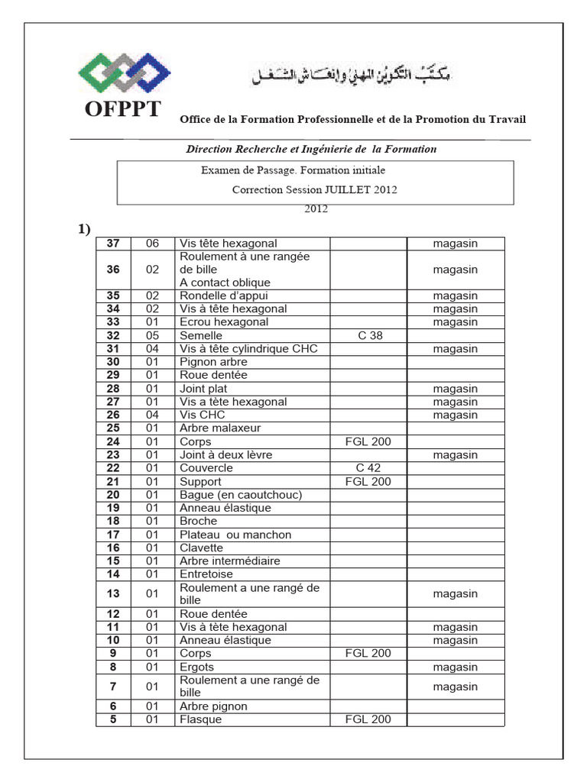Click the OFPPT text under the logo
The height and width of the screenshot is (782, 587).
pyautogui.click(x=123, y=109)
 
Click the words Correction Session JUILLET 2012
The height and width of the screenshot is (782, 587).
pyautogui.click(x=314, y=189)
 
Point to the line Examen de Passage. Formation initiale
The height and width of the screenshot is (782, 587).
pyautogui.click(x=293, y=170)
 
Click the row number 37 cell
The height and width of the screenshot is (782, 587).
pyautogui.click(x=113, y=243)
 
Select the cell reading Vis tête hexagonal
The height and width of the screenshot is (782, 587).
pyautogui.click(x=229, y=243)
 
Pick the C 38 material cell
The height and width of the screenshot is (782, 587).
pyautogui.click(x=370, y=335)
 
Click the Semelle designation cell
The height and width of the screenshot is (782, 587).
pyautogui.click(x=201, y=335)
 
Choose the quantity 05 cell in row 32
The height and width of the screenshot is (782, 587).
pyautogui.click(x=153, y=335)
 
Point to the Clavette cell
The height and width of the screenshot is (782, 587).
pyautogui.click(x=202, y=548)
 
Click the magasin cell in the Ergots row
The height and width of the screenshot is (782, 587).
pyautogui.click(x=455, y=667)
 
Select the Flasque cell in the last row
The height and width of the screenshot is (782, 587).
pyautogui.click(x=201, y=719)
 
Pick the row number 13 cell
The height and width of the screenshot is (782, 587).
pyautogui.click(x=113, y=593)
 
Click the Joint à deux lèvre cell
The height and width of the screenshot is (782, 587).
pyautogui.click(x=226, y=454)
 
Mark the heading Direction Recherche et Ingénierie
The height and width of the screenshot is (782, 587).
pyautogui.click(x=312, y=149)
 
